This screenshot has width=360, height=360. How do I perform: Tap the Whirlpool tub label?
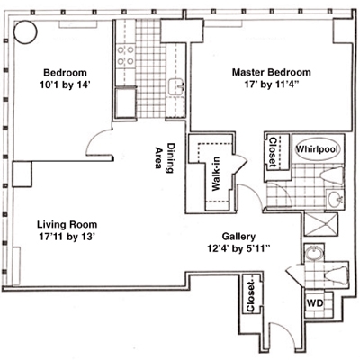point(318,149)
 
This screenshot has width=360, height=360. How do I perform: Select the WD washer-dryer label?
point(315,303)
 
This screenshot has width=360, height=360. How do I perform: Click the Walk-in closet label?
point(216,174)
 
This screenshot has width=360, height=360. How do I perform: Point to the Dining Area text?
point(165,157)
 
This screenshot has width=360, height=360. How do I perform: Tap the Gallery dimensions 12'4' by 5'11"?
point(239,248)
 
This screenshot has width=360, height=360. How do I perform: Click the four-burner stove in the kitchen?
point(125,56)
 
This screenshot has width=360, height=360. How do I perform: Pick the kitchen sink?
point(176,87)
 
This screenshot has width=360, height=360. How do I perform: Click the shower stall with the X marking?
point(320,224)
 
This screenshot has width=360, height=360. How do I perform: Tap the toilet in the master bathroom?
point(332,174)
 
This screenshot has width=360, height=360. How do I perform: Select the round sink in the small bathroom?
point(314,255)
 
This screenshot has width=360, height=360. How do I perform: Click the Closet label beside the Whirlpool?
point(273,152)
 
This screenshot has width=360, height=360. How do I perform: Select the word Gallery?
point(238,237)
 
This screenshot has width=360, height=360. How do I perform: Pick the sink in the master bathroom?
point(335,198)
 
